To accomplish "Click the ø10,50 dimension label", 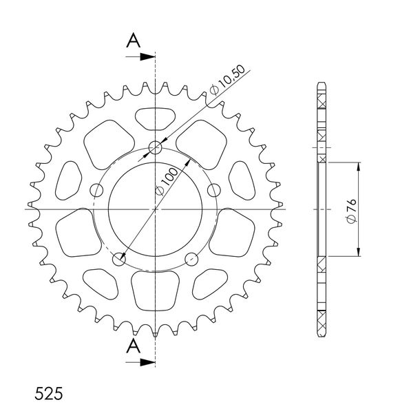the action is tap(228, 80).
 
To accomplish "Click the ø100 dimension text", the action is tap(167, 182).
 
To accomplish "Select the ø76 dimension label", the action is tap(351, 211).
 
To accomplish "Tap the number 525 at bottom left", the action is tap(49, 393).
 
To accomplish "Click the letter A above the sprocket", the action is tap(133, 41).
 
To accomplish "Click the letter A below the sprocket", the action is tap(133, 346).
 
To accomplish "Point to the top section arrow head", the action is tap(148, 56).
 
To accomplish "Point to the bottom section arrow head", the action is tap(148, 362).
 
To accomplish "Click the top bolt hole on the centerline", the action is tap(155, 147).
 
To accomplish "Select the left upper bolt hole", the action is tap(96, 190).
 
